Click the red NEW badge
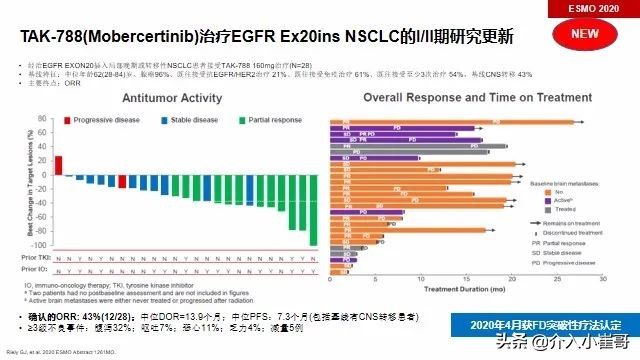(x=592, y=34)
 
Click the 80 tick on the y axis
(x=42, y=132)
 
